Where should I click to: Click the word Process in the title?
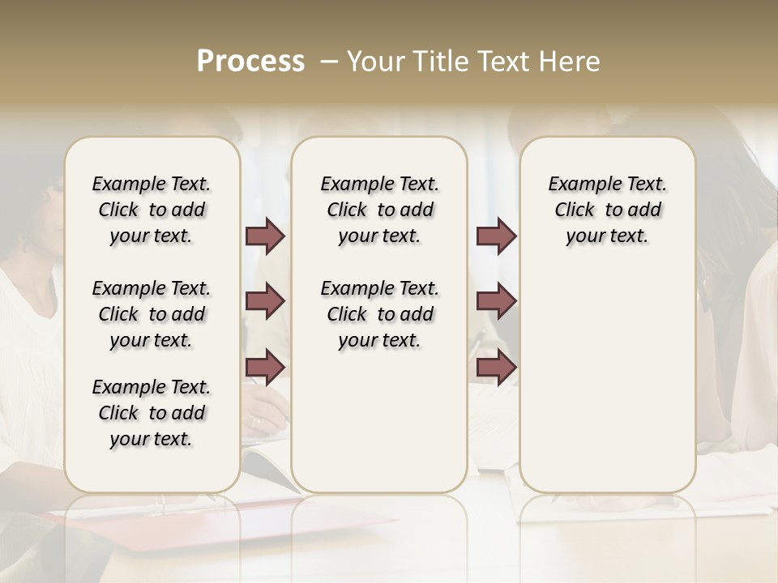[x=250, y=62]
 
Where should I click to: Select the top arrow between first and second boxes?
[x=265, y=236]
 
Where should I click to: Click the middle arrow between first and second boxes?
[x=265, y=301]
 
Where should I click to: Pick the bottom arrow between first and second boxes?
[x=265, y=368]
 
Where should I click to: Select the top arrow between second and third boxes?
[x=496, y=236]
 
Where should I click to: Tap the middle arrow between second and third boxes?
[x=496, y=301]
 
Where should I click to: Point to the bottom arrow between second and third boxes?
[x=496, y=368]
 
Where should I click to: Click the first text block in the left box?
[x=152, y=210]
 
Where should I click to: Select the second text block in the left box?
[x=152, y=314]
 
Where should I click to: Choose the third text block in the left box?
[x=152, y=413]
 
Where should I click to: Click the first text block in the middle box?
[x=379, y=210]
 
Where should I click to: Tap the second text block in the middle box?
[x=379, y=314]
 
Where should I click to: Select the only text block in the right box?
[x=607, y=210]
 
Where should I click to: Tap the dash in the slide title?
[x=329, y=62]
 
